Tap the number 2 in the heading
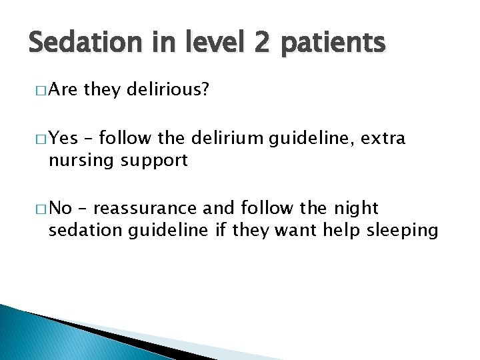261,43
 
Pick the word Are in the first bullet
64,89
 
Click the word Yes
64,139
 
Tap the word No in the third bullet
61,209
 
